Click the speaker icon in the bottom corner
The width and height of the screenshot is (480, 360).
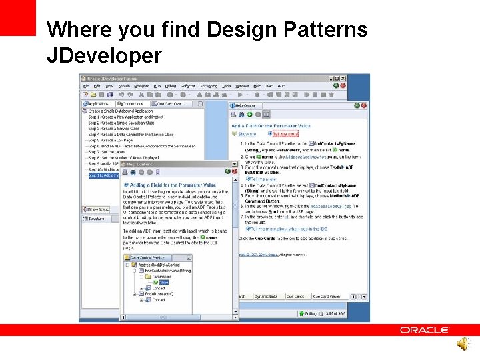(462, 343)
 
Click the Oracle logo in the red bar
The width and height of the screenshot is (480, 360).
(425, 329)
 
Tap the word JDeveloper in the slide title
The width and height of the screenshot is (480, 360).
(104, 55)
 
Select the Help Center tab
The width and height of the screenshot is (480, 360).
(245, 105)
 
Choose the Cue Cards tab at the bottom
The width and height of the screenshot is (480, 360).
(295, 296)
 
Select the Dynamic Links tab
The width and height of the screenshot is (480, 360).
(266, 296)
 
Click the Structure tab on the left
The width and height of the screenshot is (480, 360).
(96, 218)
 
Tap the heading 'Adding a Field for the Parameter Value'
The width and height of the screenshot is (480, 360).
(172, 185)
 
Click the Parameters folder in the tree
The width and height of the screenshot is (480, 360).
(159, 276)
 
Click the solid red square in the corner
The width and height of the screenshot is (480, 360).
(17, 17)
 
